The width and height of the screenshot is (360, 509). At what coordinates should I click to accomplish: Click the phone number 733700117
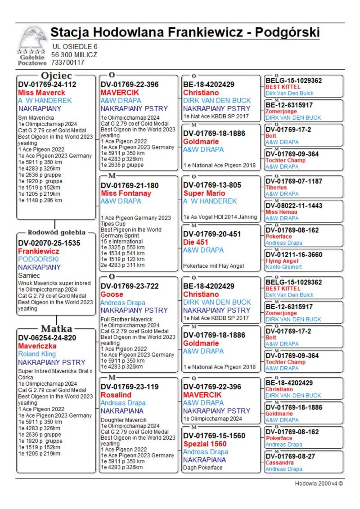(x=67, y=63)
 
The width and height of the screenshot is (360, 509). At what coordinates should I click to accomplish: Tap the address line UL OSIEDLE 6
(x=75, y=46)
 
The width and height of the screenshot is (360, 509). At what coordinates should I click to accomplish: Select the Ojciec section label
(x=56, y=75)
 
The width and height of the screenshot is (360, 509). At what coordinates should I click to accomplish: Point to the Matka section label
(x=56, y=328)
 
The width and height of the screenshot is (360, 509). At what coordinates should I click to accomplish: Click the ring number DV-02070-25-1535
(x=49, y=243)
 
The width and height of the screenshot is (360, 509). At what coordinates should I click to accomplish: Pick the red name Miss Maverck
(x=41, y=93)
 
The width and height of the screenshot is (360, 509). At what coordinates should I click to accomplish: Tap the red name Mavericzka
(x=37, y=346)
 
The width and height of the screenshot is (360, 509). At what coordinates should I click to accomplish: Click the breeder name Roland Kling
(x=37, y=354)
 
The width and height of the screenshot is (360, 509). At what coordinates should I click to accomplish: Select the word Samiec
(x=29, y=275)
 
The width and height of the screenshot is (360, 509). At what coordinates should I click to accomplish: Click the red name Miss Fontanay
(x=126, y=193)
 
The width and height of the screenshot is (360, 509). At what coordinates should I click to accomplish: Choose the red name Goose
(x=112, y=294)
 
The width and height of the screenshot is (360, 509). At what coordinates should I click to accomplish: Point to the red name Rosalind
(x=116, y=395)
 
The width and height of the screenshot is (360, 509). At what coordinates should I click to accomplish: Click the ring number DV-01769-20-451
(x=212, y=234)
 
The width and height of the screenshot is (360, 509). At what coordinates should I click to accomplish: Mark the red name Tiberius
(x=276, y=188)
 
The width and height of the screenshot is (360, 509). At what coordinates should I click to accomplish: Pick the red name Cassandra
(x=280, y=463)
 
